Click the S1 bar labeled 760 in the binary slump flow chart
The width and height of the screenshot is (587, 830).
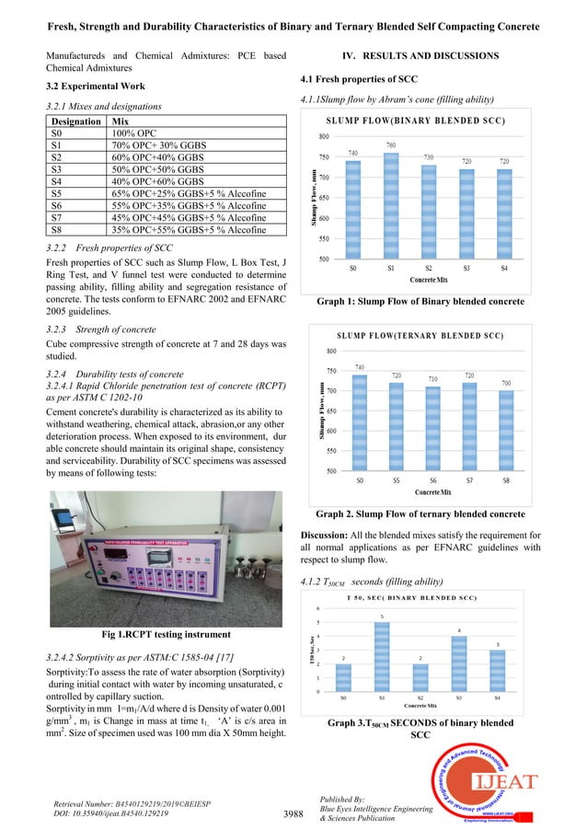coord(392,204)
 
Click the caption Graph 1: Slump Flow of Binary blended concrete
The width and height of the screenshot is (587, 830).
coord(420,302)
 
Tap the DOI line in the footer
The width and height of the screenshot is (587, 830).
coord(112,814)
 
